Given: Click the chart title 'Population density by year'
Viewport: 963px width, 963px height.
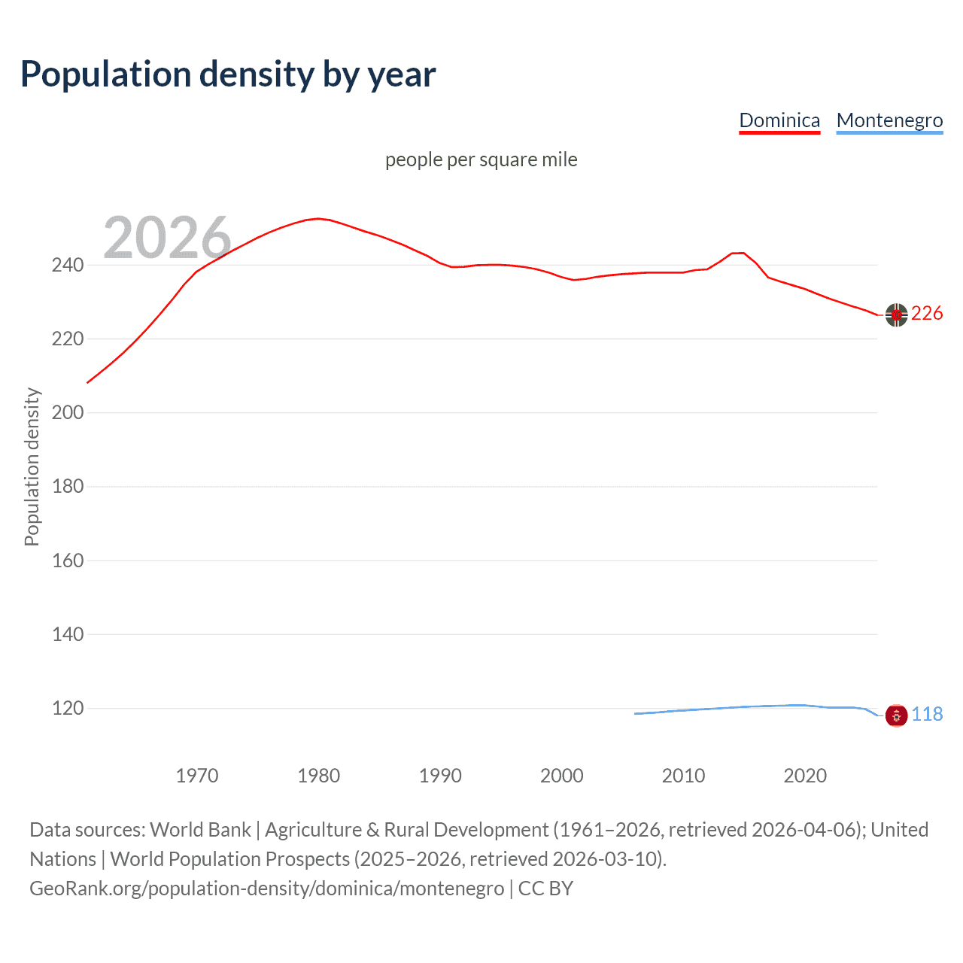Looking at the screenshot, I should [x=228, y=74].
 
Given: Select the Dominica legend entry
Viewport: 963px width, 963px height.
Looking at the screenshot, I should [x=779, y=120].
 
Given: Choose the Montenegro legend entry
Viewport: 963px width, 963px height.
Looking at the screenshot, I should [x=889, y=120].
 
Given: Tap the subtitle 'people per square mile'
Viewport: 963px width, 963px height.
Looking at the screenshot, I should [x=481, y=159].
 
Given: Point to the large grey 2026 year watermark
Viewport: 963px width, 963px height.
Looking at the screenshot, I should [x=167, y=238].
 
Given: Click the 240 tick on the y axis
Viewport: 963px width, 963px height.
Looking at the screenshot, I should [x=68, y=265].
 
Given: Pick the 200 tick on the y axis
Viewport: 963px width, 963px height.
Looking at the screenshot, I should [x=68, y=412].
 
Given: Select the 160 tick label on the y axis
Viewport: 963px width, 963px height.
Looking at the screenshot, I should [x=68, y=560].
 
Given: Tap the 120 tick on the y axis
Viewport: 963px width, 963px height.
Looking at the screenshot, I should [x=68, y=708].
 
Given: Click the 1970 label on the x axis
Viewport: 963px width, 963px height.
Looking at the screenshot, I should [x=196, y=776].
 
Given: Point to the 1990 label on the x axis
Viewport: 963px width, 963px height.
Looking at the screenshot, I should [x=440, y=776].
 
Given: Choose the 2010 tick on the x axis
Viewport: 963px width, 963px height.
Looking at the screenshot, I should [x=683, y=776].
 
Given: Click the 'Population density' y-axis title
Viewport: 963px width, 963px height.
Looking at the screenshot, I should [x=32, y=466].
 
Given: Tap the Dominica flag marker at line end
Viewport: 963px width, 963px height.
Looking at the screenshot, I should [x=896, y=315].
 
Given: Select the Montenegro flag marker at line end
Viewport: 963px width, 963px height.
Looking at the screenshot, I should [x=896, y=715].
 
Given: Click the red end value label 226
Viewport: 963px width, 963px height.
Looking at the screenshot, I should [x=927, y=314].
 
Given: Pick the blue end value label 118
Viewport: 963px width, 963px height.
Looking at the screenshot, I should [x=927, y=714].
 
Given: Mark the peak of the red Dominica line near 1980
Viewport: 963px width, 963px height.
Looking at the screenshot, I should [x=318, y=218].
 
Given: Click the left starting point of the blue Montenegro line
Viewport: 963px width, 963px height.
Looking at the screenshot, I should [x=636, y=713].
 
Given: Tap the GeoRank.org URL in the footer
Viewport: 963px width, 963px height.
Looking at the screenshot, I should [x=266, y=889].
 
